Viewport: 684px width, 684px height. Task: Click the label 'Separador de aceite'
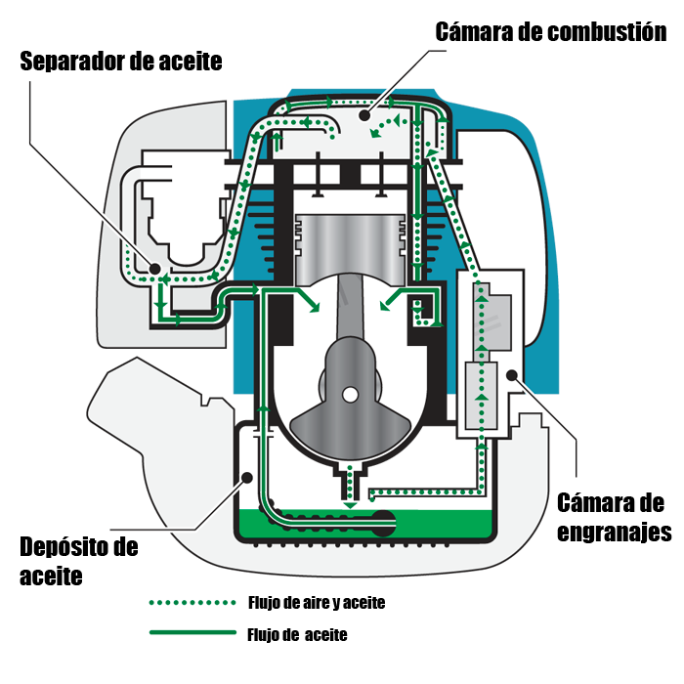click(121, 62)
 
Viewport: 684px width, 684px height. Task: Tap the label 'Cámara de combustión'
click(551, 31)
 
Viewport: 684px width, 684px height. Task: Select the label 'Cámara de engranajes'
click(613, 518)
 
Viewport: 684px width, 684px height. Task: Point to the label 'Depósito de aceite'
click(78, 560)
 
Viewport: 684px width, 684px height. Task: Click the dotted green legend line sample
click(192, 603)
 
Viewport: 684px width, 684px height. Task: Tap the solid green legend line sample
click(192, 633)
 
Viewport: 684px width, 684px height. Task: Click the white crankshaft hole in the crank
click(349, 394)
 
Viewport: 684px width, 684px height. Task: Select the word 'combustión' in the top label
click(607, 31)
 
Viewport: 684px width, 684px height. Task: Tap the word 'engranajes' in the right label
click(613, 533)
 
